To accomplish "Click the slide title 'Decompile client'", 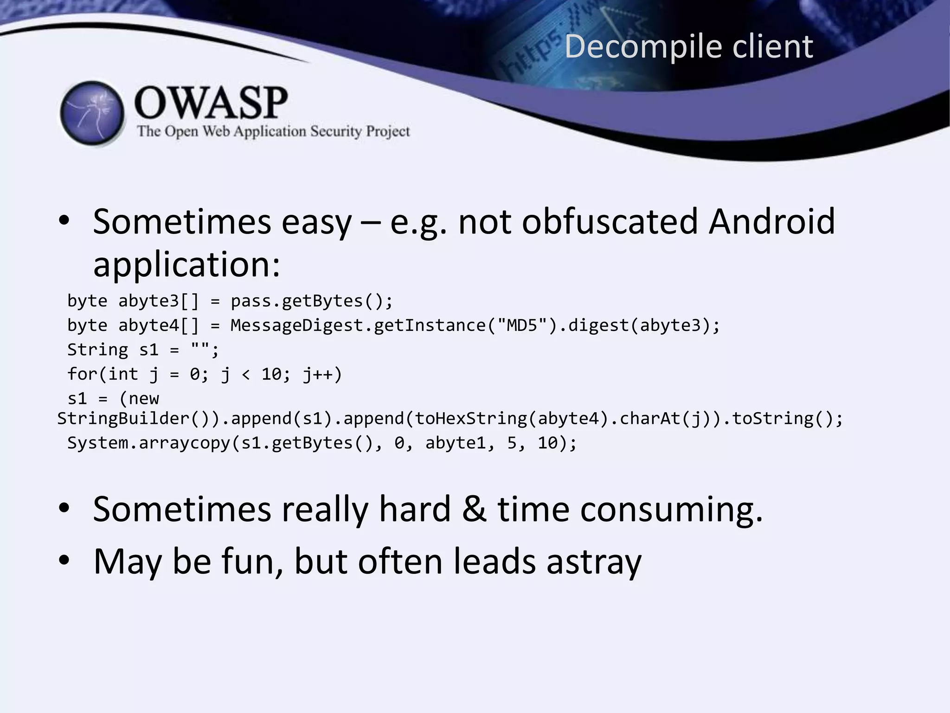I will (688, 46).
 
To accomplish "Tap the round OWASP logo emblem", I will (92, 113).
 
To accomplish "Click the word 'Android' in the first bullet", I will (772, 221).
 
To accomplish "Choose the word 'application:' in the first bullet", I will (186, 265).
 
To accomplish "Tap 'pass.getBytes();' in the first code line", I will (312, 301).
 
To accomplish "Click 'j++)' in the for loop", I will (322, 374).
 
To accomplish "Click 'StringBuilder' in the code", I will (123, 419).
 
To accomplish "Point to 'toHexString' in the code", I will (471, 419).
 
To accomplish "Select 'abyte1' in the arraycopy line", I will (456, 443).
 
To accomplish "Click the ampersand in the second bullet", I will (475, 509).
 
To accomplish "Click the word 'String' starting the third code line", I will (97, 350).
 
